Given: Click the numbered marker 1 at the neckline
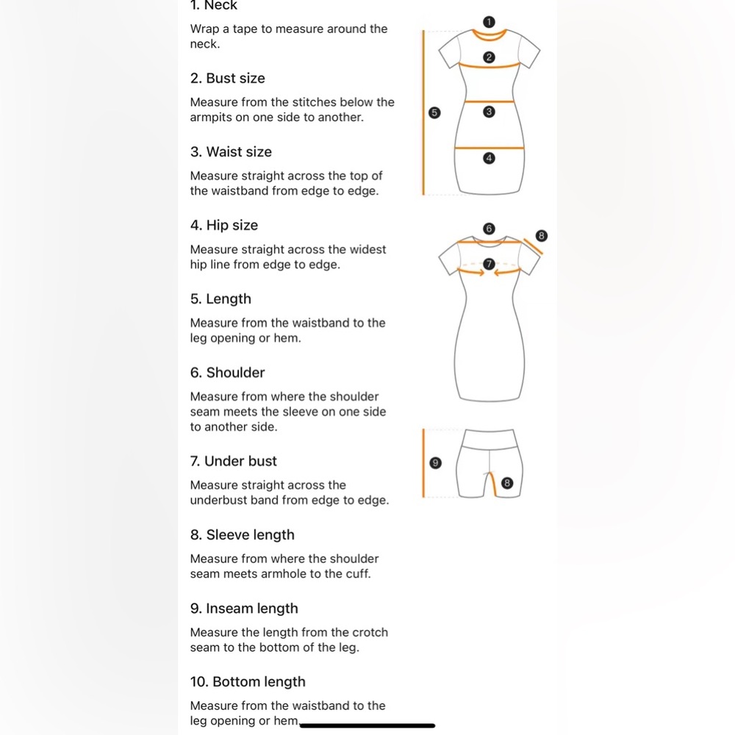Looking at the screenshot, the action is (x=489, y=22).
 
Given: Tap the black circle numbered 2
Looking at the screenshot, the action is (x=489, y=57).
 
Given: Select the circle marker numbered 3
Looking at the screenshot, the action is (x=489, y=112).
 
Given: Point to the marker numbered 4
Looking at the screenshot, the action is (x=489, y=158).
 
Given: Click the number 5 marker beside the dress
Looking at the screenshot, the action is (x=434, y=112).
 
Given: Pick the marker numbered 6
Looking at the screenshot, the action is (x=489, y=229).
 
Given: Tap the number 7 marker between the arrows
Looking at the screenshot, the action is (x=489, y=264).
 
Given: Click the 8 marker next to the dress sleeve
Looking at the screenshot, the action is (x=542, y=235).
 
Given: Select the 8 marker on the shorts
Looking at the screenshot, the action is (x=506, y=483).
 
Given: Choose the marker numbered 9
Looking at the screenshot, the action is (x=435, y=463).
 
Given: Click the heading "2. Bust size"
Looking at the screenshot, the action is (x=227, y=79).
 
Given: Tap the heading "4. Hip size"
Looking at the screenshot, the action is (x=224, y=226).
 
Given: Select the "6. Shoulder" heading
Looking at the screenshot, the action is (x=227, y=373).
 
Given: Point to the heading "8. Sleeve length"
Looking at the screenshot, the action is (x=243, y=535).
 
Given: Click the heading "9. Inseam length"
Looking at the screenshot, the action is (x=244, y=609).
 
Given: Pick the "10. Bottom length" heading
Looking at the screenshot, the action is (x=248, y=681).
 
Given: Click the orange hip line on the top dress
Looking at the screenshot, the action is (x=489, y=148).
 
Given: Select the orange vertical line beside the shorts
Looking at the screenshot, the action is (x=423, y=463).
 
